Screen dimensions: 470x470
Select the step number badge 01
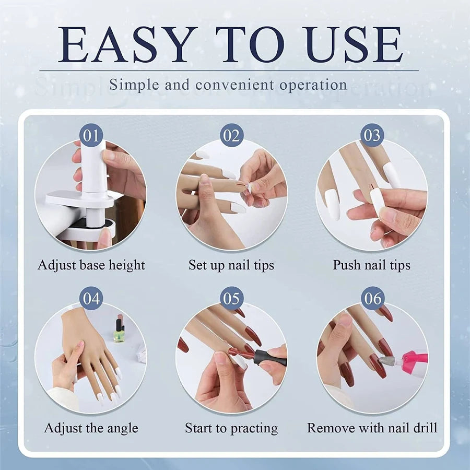click(x=91, y=136)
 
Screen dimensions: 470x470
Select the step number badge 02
click(x=231, y=136)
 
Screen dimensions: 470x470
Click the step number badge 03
click(x=372, y=136)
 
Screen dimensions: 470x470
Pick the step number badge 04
click(x=91, y=299)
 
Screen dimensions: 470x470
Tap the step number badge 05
click(x=231, y=299)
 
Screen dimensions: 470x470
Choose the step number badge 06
click(x=372, y=299)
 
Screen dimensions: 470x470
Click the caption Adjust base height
click(x=91, y=265)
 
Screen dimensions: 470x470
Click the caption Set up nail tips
click(x=231, y=265)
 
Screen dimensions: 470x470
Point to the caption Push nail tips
click(x=372, y=265)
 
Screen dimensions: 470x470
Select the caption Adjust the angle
click(x=91, y=428)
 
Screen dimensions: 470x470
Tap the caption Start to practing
click(x=231, y=428)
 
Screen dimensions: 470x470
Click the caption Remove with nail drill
click(x=372, y=428)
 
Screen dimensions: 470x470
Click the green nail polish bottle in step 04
click(x=119, y=331)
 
